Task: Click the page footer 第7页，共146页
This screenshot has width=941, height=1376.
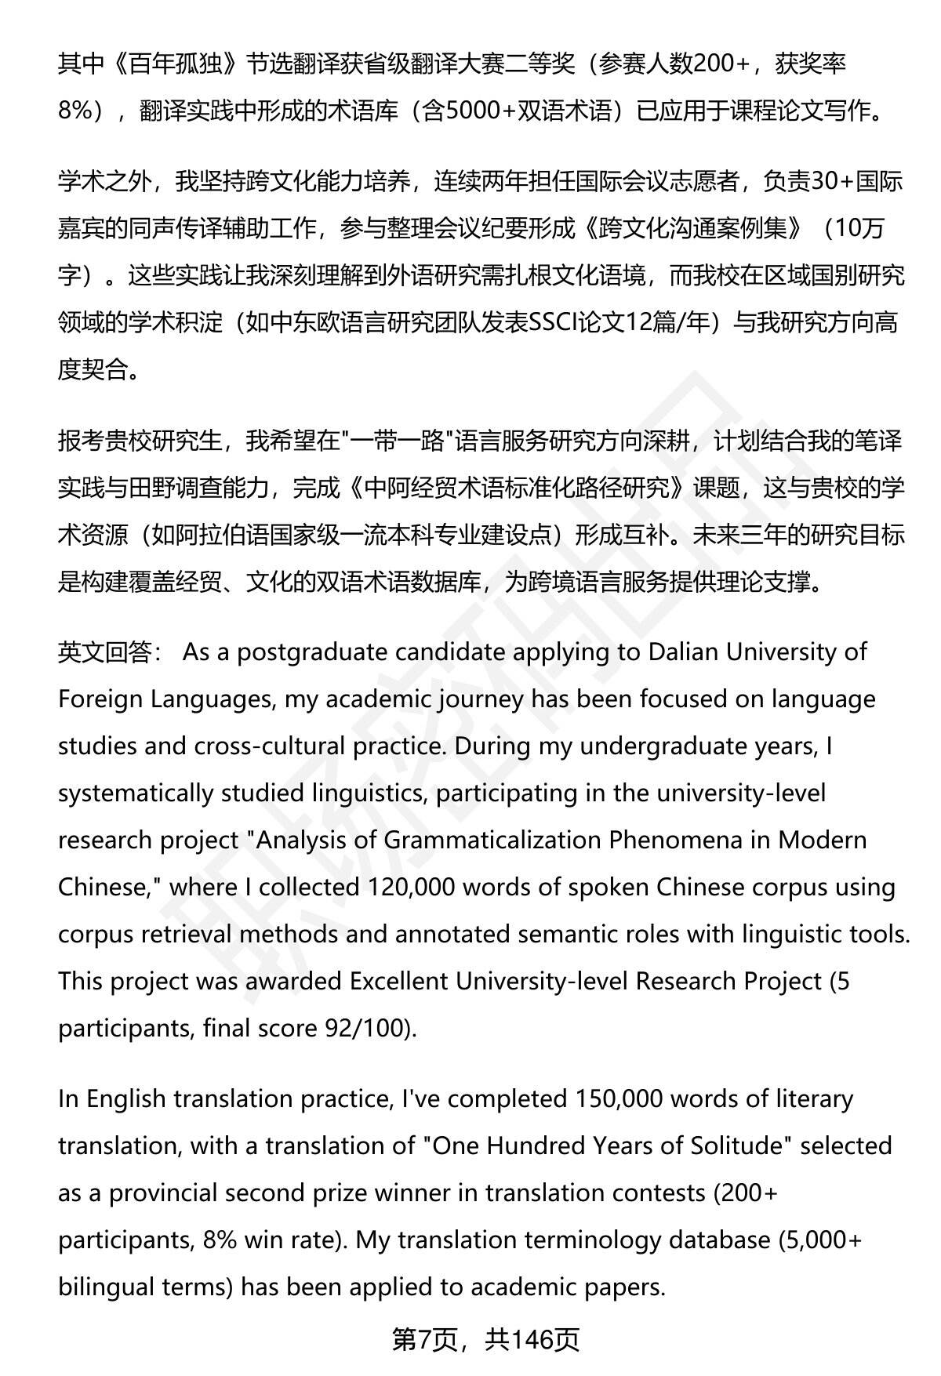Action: pyautogui.click(x=485, y=1340)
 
